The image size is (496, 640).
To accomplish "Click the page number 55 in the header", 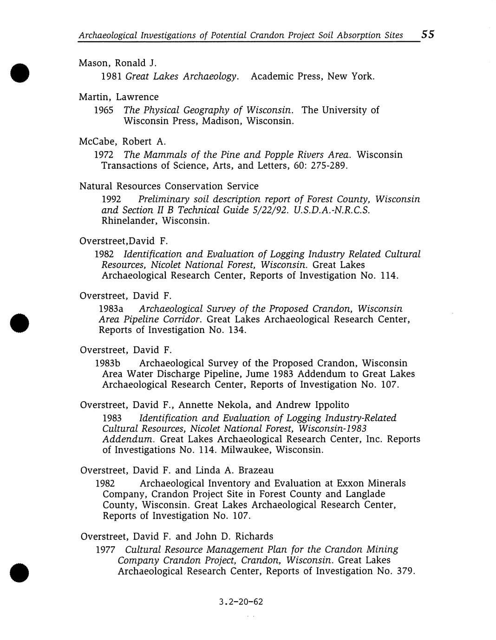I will pyautogui.click(x=427, y=34).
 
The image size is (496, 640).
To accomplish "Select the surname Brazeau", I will pyautogui.click(x=256, y=470).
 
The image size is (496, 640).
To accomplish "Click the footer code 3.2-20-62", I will pyautogui.click(x=241, y=602).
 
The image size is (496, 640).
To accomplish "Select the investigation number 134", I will pyautogui.click(x=237, y=330).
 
